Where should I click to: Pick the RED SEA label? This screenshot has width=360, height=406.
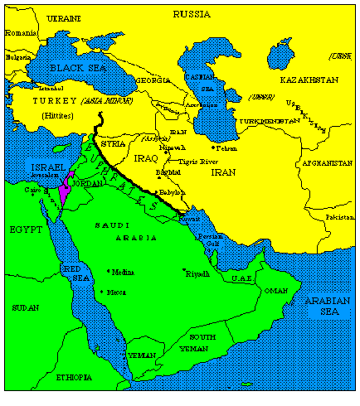(73, 273)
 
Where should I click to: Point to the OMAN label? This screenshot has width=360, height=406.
(276, 291)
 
